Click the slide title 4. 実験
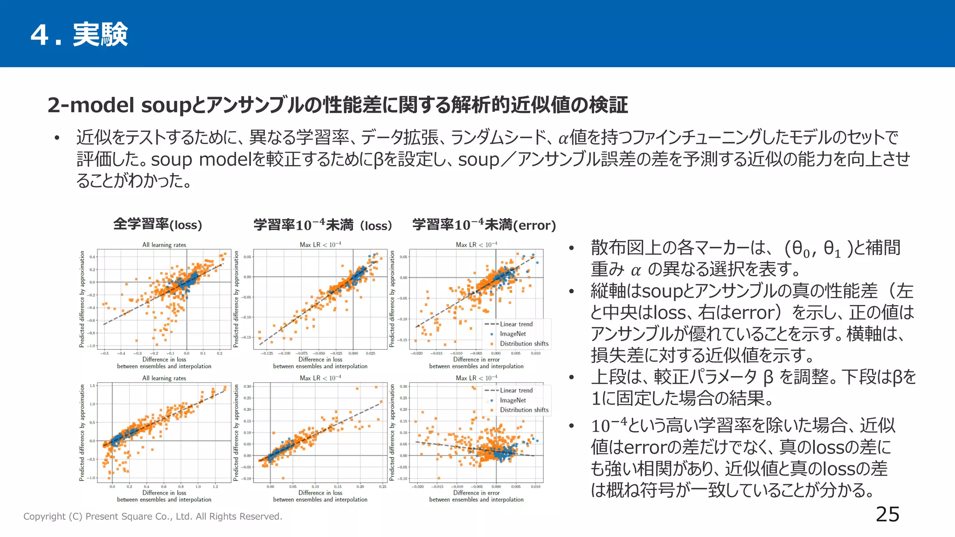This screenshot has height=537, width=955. coord(79,34)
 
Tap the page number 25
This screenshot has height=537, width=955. coord(887,514)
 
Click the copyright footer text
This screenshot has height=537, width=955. coord(152,516)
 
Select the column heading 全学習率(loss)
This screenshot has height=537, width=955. coord(158,225)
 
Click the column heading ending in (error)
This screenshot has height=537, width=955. coord(484,225)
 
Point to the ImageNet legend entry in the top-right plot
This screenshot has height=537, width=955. coord(512,334)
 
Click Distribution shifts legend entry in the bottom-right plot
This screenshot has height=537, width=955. coord(524,410)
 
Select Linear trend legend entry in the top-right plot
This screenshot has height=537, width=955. coord(516,324)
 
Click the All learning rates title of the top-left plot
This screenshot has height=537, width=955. coord(164,245)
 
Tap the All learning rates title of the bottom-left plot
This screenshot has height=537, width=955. coord(164,378)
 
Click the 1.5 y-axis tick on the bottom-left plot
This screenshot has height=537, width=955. coord(92,386)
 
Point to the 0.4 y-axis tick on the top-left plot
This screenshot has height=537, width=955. coord(92,257)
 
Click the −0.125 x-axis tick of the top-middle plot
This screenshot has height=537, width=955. coord(266,353)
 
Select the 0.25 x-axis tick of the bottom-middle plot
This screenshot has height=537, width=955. coord(382,487)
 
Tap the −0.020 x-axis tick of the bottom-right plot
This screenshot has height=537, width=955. coord(417,487)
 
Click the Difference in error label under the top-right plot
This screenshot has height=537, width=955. coord(476,359)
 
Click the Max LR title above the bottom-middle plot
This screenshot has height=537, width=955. coord(320,378)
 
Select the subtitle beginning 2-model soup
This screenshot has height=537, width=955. coord(338,105)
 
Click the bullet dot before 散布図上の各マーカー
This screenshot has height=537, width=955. coord(571,248)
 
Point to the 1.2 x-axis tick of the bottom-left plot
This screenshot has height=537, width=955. coord(215,487)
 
